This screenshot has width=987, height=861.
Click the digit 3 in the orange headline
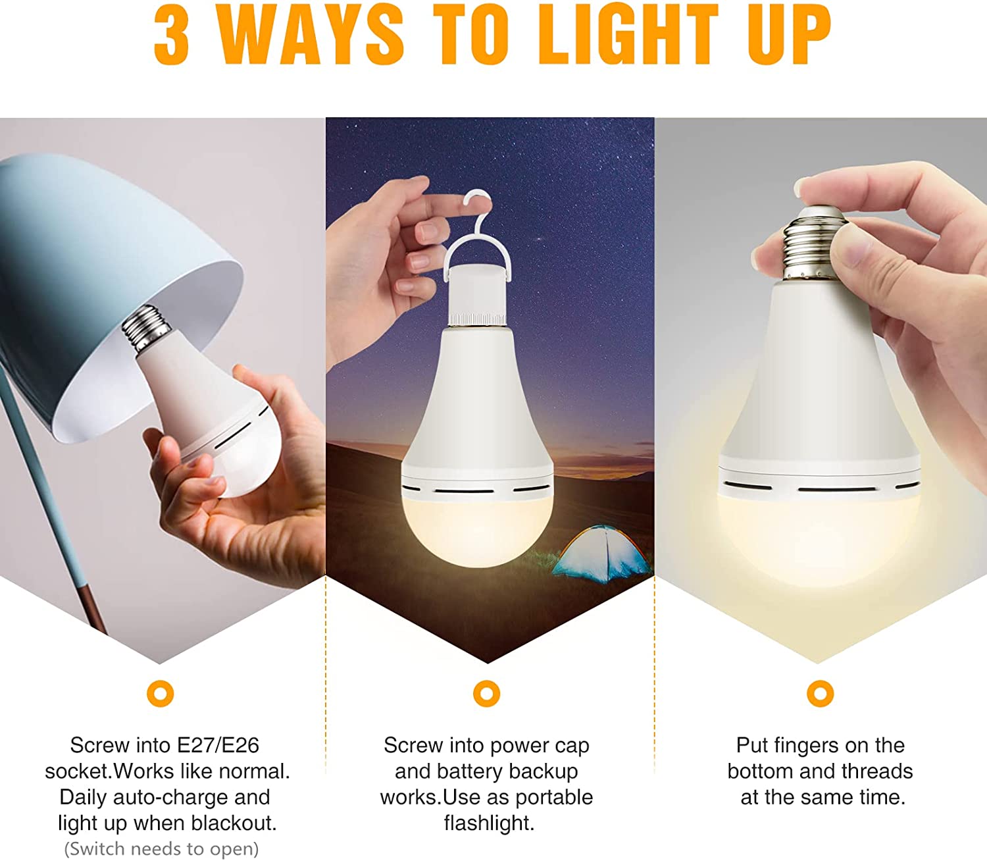(171, 36)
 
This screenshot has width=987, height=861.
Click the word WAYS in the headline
(312, 36)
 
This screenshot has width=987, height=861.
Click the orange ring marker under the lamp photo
(160, 694)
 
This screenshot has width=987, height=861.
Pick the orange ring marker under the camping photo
(487, 694)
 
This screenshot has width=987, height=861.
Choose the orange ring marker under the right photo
(820, 694)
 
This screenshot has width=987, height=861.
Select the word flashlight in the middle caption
(489, 823)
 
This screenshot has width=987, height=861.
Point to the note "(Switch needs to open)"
(161, 849)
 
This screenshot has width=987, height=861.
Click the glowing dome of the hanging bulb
(478, 531)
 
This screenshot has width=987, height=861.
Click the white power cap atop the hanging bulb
(478, 294)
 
